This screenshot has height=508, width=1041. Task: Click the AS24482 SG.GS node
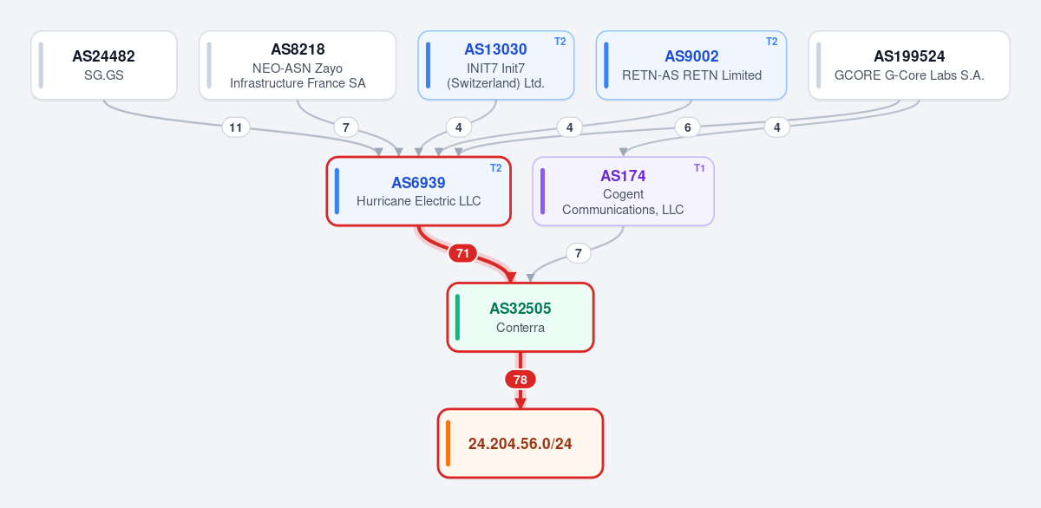(x=104, y=65)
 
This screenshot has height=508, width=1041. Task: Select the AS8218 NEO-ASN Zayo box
(x=298, y=65)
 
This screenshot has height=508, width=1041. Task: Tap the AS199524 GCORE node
(x=909, y=65)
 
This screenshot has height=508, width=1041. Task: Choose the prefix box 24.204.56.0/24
(x=520, y=443)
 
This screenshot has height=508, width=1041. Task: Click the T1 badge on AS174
(x=699, y=168)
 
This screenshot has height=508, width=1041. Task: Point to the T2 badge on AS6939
(x=496, y=168)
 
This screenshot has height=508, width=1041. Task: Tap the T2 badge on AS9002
(x=771, y=42)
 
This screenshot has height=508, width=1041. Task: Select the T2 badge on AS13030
(x=560, y=42)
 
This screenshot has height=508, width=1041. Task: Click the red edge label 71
(x=462, y=253)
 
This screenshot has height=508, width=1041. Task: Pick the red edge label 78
(x=520, y=380)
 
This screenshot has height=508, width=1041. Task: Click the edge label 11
(x=236, y=127)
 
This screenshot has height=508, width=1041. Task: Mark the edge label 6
(x=687, y=127)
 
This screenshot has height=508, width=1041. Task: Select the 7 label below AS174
(x=578, y=253)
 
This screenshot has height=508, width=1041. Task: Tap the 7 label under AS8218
(x=346, y=127)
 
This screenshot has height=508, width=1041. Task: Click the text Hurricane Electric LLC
(x=418, y=201)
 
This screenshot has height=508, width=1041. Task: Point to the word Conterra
(x=520, y=328)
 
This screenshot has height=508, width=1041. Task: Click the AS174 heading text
(x=623, y=176)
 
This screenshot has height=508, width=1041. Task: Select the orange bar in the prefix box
(x=448, y=443)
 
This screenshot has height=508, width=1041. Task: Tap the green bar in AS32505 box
(x=457, y=317)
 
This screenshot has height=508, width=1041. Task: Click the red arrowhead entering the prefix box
(x=520, y=403)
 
